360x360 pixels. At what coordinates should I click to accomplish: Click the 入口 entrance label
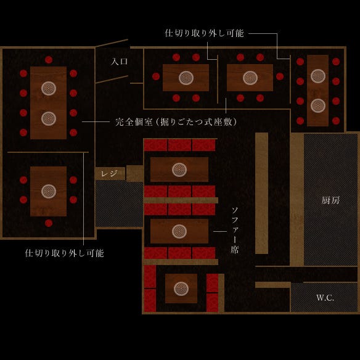119,62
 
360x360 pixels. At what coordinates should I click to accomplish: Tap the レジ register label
109,174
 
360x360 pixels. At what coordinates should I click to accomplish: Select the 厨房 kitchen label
330,200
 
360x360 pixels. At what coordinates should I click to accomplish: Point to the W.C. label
325,298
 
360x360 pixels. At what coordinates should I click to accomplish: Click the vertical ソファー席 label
235,231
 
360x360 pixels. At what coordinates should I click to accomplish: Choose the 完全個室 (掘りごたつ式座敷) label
176,122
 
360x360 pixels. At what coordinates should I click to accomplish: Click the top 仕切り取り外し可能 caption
204,33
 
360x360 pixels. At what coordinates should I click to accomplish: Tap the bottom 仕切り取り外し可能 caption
65,253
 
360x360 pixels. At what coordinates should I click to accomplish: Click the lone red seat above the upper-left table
49,60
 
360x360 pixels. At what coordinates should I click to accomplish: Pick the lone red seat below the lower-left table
49,223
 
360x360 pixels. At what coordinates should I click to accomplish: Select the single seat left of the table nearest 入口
156,76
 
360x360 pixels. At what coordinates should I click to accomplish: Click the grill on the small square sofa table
181,288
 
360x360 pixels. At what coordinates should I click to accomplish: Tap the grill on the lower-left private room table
49,191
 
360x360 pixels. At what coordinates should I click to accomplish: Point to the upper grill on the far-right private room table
318,76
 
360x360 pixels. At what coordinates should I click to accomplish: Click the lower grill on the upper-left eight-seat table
49,118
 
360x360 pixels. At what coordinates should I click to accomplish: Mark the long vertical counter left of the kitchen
262,193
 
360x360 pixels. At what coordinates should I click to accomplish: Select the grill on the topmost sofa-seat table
179,170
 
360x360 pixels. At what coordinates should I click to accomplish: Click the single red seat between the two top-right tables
280,76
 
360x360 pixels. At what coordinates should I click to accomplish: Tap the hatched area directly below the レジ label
119,203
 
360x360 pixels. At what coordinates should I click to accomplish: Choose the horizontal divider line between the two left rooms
48,152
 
